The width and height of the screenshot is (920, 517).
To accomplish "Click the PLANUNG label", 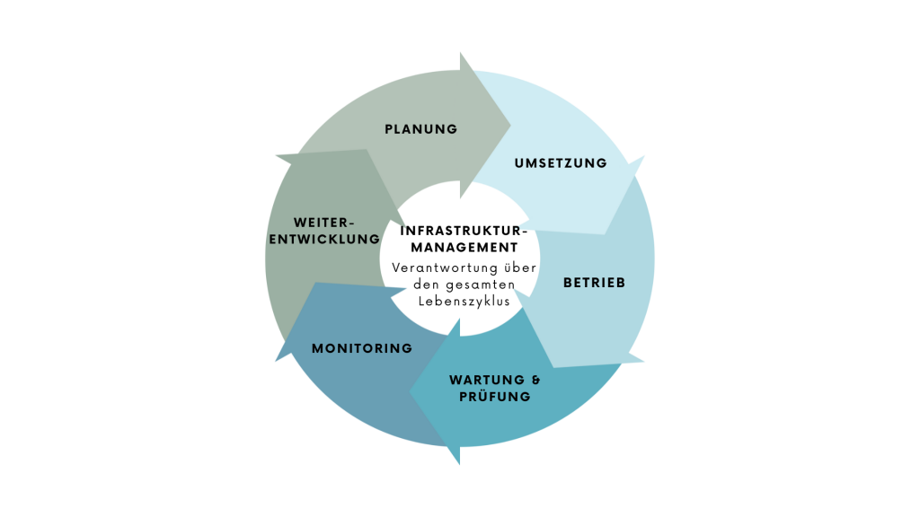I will (x=420, y=129).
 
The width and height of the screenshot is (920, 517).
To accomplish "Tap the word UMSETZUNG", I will (x=561, y=163).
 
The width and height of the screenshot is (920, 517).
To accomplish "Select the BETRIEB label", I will (x=594, y=283).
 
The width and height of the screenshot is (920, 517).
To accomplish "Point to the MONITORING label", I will (x=362, y=348).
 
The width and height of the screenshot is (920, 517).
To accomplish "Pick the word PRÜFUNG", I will (x=495, y=397).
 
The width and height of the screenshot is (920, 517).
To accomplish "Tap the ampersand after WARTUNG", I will (x=525, y=380).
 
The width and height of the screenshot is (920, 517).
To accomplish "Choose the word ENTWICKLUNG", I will (x=324, y=240).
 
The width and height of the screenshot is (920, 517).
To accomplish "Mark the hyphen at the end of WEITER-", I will (x=352, y=223).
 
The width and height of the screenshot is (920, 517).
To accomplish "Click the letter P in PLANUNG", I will (x=389, y=129).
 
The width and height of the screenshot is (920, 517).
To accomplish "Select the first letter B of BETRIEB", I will (x=568, y=283).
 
